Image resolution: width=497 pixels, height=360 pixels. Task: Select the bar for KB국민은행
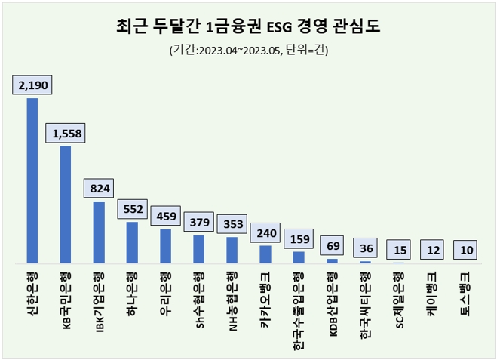(66, 205)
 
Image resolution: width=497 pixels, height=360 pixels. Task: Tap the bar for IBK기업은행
(99, 232)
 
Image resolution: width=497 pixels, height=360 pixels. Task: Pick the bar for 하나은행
(132, 242)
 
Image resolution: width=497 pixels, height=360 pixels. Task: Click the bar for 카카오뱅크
(265, 254)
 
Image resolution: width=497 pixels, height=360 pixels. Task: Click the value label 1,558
(66, 134)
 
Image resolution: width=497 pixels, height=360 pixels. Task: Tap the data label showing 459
(165, 217)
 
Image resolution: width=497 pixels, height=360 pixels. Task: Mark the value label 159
(298, 239)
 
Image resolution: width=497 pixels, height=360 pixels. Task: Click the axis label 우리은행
(165, 287)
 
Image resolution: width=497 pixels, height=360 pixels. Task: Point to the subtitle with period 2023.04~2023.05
(248, 51)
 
